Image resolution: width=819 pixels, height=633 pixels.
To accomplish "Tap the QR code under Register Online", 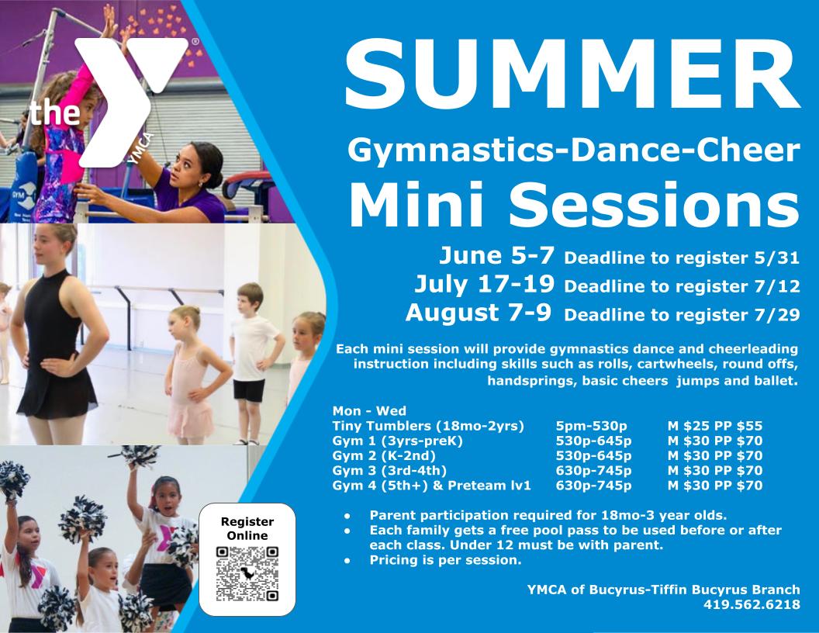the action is click(247, 574).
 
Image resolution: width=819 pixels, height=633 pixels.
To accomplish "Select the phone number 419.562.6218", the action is click(752, 604).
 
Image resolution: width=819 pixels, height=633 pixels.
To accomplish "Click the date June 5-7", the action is click(498, 256).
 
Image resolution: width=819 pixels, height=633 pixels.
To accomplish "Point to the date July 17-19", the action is click(484, 284).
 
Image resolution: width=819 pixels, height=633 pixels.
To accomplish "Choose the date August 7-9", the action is click(478, 313).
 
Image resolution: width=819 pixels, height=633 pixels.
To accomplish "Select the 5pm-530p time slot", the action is click(591, 426).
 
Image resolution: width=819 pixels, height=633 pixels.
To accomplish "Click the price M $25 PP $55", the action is click(715, 426).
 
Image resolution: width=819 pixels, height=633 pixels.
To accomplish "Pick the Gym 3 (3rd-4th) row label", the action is click(389, 471).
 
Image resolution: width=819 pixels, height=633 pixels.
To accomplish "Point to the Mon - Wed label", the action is click(369, 410).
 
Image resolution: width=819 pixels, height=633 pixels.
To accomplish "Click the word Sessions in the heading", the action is click(654, 204).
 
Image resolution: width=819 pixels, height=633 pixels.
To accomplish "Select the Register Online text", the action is click(247, 528).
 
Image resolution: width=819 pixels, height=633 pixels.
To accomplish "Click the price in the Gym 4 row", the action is click(715, 486).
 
